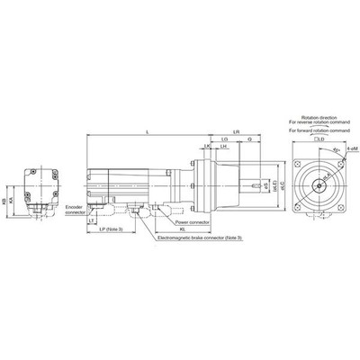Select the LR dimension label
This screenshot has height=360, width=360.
[x=236, y=131]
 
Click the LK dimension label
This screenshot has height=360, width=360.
[x=207, y=147]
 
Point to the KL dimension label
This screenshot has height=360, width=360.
[x=183, y=229]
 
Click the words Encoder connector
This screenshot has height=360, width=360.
[x=75, y=210]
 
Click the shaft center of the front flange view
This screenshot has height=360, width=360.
[x=319, y=184]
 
